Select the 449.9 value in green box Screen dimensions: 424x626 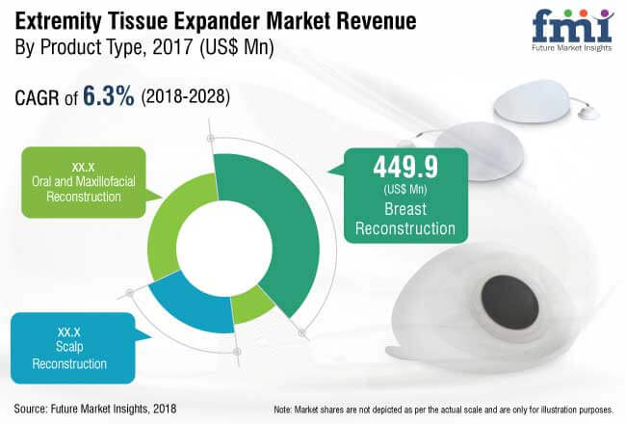[x=405, y=168]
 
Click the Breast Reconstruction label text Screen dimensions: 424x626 [x=405, y=219]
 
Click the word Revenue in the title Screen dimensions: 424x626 [x=352, y=19]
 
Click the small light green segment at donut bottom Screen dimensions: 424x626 [x=252, y=309]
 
